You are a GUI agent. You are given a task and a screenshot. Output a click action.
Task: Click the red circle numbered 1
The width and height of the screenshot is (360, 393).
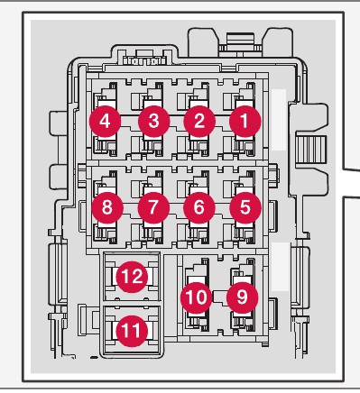pos(245,122)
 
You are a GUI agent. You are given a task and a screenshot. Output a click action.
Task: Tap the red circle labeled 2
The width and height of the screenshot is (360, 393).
pos(199,122)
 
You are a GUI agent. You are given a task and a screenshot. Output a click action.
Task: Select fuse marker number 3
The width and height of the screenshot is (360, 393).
pos(154,122)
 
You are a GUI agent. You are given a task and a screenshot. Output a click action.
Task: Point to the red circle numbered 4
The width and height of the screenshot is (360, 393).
pos(105,122)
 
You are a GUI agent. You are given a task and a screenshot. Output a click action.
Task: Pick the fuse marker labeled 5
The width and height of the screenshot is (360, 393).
pos(245,208)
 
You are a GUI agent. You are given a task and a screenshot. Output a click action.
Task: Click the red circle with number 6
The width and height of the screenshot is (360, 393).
pos(199,208)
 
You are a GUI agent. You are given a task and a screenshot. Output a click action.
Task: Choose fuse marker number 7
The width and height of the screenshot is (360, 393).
pos(153,208)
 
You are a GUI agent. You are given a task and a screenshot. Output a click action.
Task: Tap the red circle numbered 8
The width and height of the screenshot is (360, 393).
pos(107,208)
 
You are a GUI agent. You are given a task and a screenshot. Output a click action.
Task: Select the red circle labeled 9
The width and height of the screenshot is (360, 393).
pos(242,297)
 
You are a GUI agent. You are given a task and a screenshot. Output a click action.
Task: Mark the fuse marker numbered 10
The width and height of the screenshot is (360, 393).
pos(197,297)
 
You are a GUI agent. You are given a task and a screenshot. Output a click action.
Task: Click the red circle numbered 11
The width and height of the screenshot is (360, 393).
pos(132,331)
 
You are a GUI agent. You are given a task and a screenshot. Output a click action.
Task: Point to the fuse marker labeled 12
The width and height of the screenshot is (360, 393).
pos(132,277)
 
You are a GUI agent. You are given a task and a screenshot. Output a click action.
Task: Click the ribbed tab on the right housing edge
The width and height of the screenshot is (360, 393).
pos(311,150)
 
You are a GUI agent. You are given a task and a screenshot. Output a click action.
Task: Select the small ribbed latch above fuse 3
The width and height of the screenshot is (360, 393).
pos(144,61)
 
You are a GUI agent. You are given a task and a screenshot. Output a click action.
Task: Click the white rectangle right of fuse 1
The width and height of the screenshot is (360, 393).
pos(279,120)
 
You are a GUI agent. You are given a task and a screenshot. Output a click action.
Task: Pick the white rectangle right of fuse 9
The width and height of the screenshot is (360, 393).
pos(280,267)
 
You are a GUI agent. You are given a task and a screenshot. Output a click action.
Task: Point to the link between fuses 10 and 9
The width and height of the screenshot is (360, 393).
pos(219,297)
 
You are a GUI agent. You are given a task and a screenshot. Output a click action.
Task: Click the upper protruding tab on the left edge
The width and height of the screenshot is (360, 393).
pos(58,123)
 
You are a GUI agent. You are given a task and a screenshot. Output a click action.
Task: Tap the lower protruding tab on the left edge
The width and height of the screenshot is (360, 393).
pos(58,177)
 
